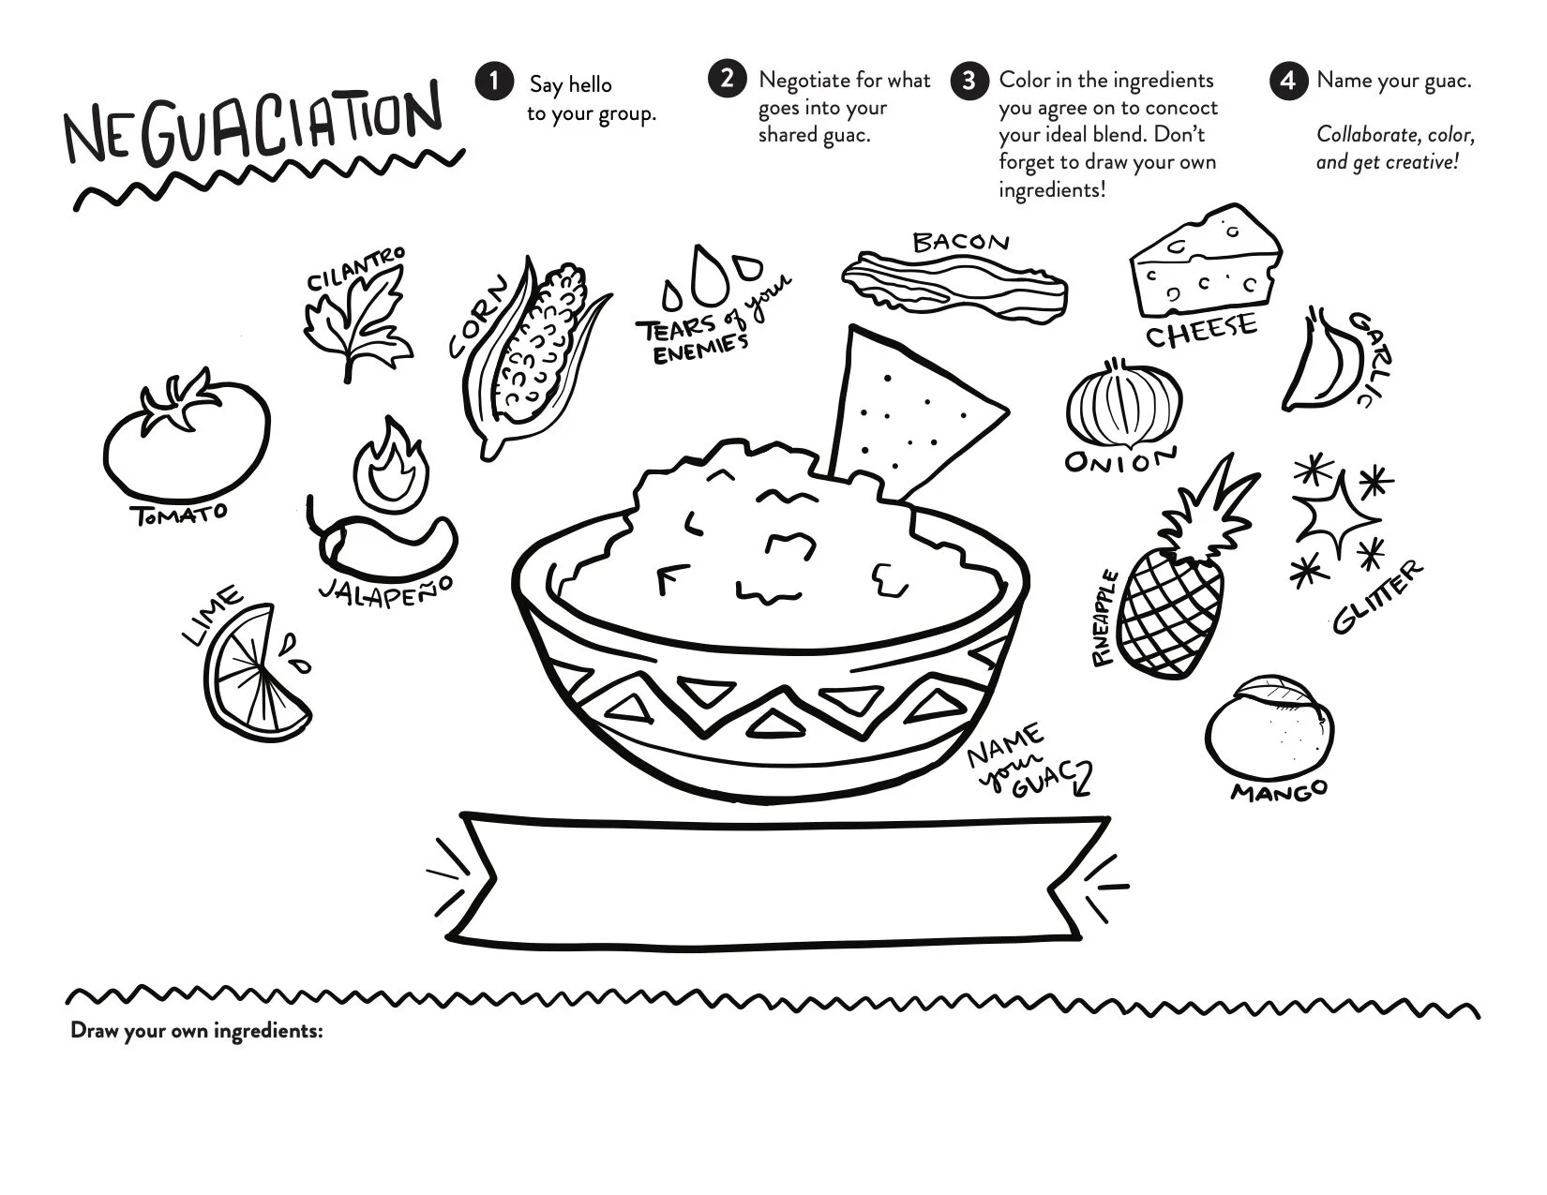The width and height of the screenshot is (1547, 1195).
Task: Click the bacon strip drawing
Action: tap(954, 286)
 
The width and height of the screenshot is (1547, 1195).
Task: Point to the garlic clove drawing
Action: tap(1317, 362)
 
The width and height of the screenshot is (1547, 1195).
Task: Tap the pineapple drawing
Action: tap(1179, 570)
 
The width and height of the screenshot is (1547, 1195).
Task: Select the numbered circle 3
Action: tap(969, 81)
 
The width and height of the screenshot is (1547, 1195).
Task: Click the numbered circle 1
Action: tap(494, 81)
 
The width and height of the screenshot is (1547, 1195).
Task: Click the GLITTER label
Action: tap(1378, 596)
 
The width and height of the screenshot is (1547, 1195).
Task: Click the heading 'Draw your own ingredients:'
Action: tap(197, 1031)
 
